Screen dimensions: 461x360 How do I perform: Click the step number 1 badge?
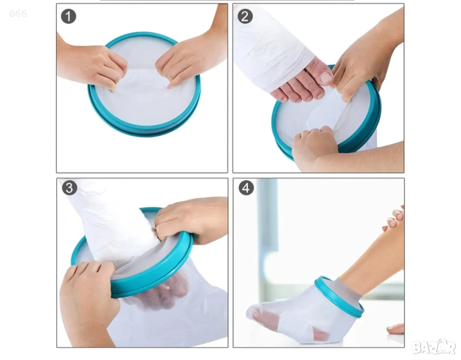68,16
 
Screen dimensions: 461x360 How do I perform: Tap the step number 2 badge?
245,16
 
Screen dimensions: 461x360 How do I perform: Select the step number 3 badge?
69,188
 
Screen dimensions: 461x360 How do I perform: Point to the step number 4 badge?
246,188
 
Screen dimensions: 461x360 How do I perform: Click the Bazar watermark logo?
434,347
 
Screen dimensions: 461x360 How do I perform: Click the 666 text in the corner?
18,13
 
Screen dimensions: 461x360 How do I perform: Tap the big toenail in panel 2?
325,77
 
